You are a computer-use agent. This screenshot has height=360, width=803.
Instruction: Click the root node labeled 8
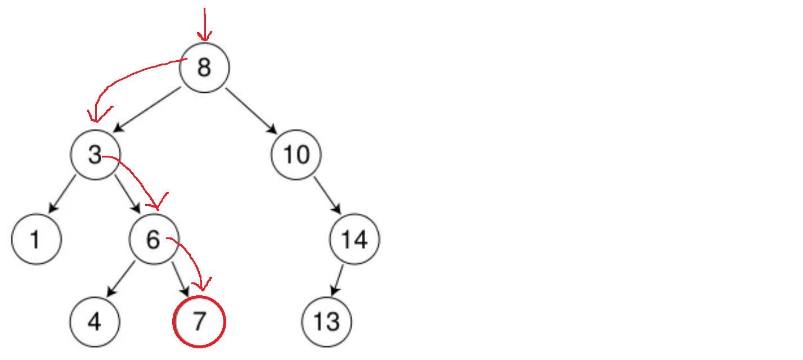204,67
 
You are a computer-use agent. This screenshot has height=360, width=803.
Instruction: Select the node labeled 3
95,155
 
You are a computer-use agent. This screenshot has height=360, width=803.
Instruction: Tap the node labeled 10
296,155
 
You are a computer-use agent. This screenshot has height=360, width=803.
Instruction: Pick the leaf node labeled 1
36,240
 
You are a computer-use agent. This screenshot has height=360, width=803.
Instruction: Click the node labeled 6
154,240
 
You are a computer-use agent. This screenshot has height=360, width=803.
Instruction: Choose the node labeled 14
355,240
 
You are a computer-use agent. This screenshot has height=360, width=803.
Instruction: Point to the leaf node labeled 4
95,322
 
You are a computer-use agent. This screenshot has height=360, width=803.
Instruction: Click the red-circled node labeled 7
199,322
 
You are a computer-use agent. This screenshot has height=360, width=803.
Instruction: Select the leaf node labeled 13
327,322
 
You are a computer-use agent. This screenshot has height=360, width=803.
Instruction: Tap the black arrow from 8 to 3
147,110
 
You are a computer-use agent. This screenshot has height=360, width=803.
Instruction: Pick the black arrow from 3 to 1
62,195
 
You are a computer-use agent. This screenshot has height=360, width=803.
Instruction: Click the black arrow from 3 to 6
128,194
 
